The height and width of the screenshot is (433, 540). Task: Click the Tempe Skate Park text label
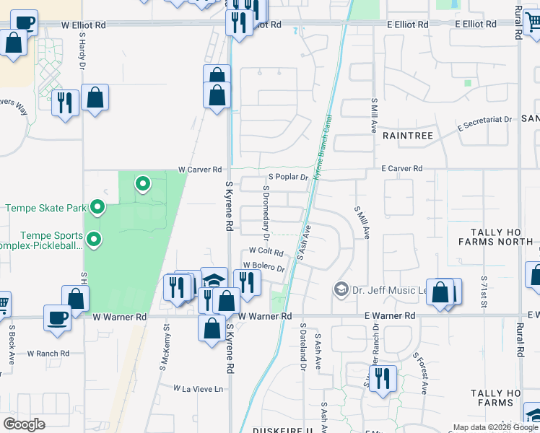(45, 209)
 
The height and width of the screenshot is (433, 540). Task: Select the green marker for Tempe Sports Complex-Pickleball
(93, 239)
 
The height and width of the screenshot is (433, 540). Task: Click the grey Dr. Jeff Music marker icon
(341, 289)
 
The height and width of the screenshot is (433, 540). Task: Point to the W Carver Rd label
(200, 170)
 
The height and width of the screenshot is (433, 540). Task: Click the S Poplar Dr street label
(288, 177)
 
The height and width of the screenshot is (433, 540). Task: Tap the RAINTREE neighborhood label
(407, 135)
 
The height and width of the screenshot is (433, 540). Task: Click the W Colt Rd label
(266, 251)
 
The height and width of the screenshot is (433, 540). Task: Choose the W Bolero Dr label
(264, 267)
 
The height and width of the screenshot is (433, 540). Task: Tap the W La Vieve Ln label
(199, 388)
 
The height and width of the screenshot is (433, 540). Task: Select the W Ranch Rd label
(48, 354)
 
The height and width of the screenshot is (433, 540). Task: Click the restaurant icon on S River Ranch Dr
(382, 378)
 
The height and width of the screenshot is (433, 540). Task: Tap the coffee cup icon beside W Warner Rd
(57, 318)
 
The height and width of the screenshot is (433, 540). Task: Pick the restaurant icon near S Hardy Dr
(66, 103)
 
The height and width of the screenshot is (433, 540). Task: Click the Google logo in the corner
(24, 424)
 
